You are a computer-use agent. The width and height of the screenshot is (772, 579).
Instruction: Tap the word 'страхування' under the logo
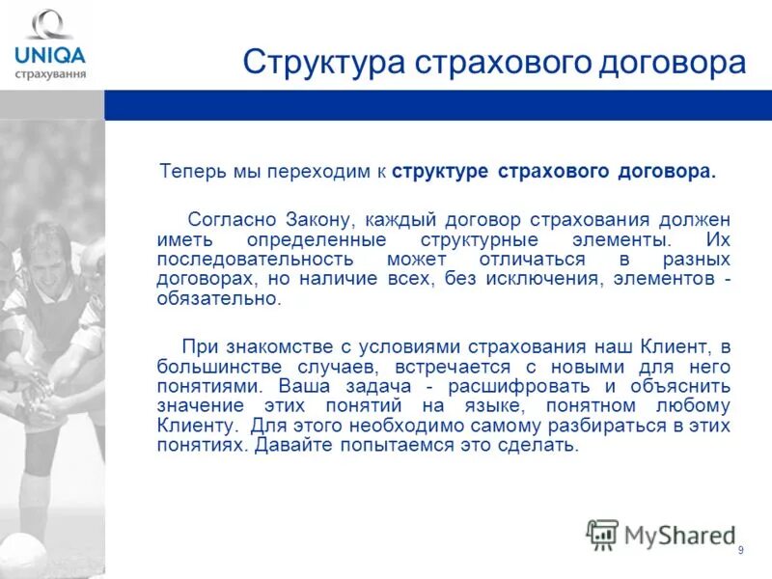pyautogui.click(x=49, y=72)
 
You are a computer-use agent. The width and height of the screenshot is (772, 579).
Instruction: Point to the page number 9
pyautogui.click(x=740, y=550)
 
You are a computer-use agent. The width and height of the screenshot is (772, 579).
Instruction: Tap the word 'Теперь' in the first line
pyautogui.click(x=194, y=172)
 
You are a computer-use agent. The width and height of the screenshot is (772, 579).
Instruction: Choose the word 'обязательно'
pyautogui.click(x=217, y=299)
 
